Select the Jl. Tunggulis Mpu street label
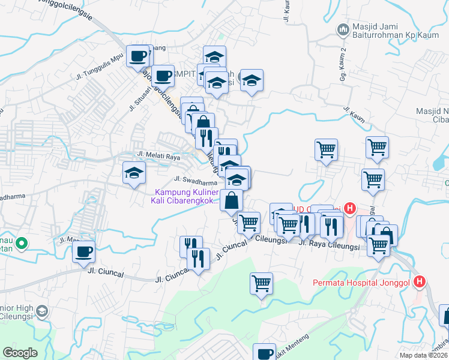[x=96, y=67]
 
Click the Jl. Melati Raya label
[x=158, y=155]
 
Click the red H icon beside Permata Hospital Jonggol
[x=421, y=281]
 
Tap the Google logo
[x=20, y=352]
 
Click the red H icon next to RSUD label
[x=349, y=209]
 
